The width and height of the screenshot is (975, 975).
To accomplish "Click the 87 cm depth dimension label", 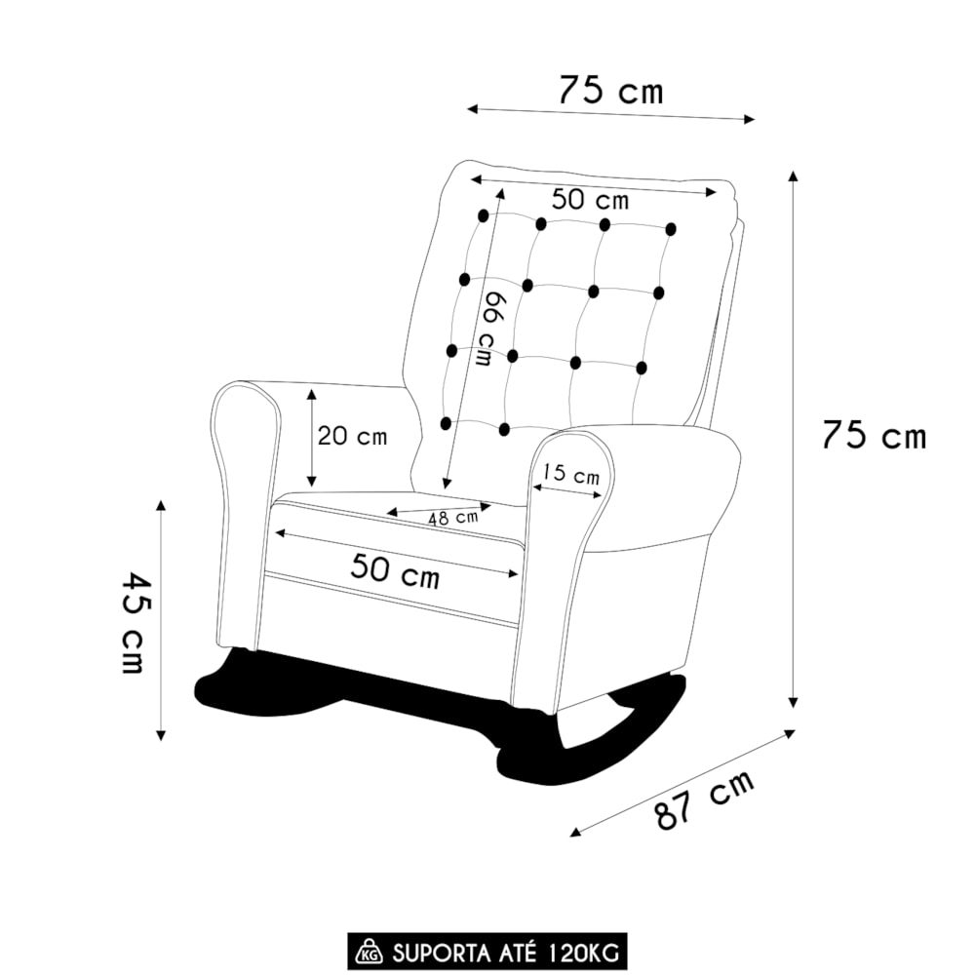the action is pos(705,799).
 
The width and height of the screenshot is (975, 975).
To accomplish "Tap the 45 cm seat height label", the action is pos(132,623).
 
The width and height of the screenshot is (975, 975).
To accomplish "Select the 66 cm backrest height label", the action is pos(491,329).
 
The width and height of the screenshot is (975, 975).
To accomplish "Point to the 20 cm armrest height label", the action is pos(352,436).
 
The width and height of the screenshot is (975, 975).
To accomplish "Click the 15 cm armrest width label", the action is pos(570,475).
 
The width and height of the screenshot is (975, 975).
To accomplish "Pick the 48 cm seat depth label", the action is pos(454,518).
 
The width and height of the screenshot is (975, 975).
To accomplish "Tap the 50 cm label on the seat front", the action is pos(396,571).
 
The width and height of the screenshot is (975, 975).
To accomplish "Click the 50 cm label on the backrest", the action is pos(590,200).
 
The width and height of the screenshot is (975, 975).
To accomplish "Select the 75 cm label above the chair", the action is pos(611,90).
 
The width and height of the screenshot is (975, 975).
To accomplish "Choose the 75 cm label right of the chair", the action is pos(874,435).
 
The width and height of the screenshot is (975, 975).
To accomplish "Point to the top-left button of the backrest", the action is pos(483,215).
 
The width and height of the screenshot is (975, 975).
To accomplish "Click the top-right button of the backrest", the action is pos(671,229).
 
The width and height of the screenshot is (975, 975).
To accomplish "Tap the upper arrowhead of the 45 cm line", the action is pos(161,504).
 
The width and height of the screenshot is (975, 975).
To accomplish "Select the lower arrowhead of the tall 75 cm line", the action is pos(793,702).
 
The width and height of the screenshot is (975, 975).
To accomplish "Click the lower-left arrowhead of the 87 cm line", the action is pos(576,832).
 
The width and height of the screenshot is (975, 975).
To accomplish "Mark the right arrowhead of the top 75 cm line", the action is pos(749,119).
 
